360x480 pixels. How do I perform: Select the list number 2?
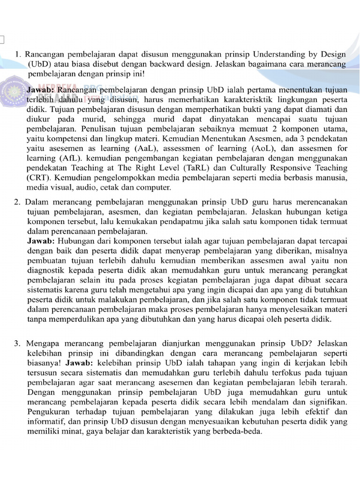[17, 202]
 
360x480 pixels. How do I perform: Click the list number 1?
[18, 54]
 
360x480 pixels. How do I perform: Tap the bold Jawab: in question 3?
[80, 363]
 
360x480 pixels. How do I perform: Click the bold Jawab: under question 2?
[41, 241]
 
